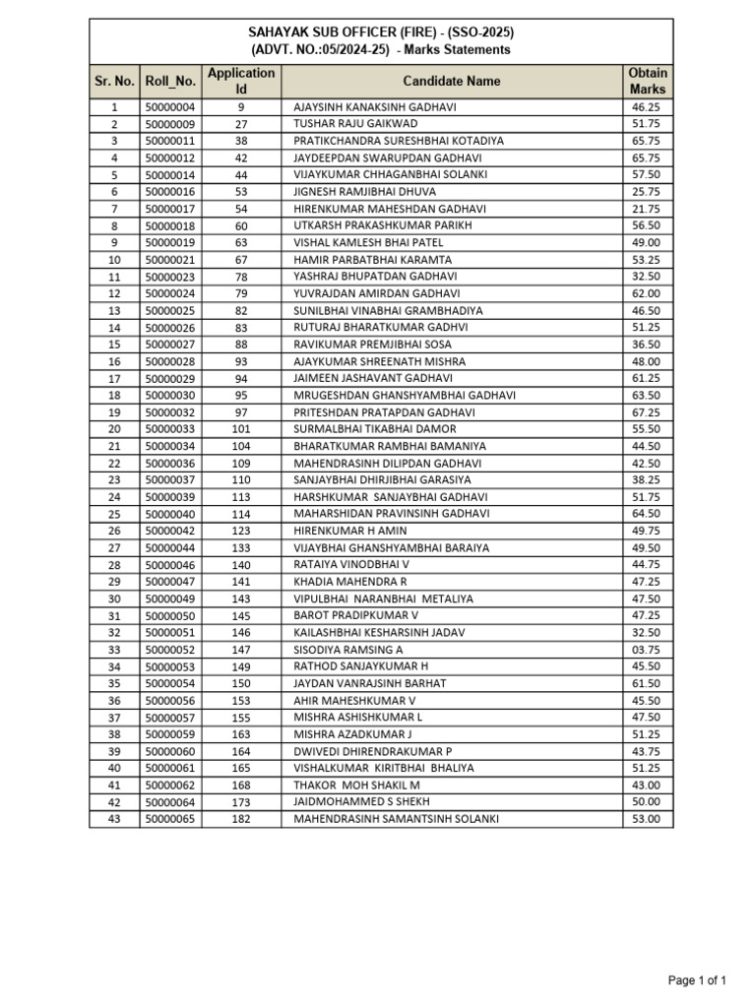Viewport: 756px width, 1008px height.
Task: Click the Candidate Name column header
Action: [451, 81]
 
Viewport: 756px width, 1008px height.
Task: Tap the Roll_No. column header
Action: [170, 81]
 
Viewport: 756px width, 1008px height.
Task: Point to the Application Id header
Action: [241, 81]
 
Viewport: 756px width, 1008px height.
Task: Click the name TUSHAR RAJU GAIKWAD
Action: [355, 124]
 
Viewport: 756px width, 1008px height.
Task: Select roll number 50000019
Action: [170, 242]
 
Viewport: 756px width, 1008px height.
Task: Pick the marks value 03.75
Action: [646, 650]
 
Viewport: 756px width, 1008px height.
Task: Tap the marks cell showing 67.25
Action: [646, 412]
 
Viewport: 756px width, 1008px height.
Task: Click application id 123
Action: [241, 531]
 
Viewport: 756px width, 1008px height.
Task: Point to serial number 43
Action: [114, 819]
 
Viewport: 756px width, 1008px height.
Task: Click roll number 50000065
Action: [170, 819]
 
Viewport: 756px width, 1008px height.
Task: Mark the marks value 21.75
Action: [646, 209]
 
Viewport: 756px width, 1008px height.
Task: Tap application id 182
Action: [241, 819]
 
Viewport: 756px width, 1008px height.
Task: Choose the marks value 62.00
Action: [646, 293]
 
